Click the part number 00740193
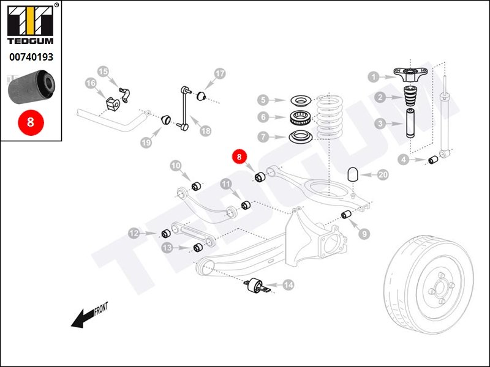[x=31, y=57]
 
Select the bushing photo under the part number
[x=31, y=87]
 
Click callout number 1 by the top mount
[x=374, y=77]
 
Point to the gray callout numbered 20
[x=383, y=175]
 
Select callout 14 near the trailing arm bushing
[x=288, y=284]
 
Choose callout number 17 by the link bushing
[x=219, y=74]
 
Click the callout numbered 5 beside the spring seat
[x=263, y=100]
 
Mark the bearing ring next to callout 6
[x=301, y=117]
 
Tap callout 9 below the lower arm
[x=364, y=233]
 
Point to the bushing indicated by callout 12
[x=165, y=234]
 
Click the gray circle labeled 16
[x=91, y=84]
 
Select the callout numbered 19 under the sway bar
[x=146, y=142]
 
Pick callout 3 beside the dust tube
[x=380, y=124]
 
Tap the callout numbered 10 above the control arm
[x=176, y=165]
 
